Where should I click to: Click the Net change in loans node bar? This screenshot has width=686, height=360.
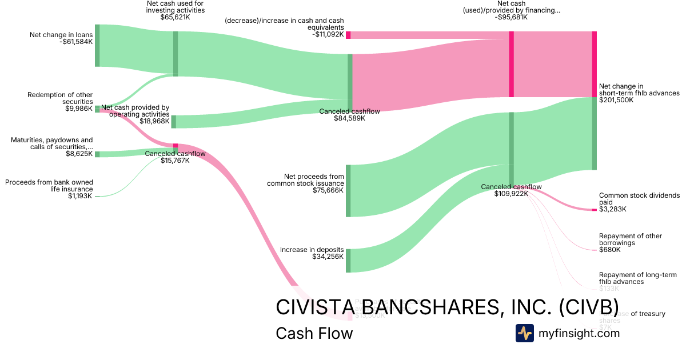[x=97, y=46]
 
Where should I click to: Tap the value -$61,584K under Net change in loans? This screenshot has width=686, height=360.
[x=75, y=42]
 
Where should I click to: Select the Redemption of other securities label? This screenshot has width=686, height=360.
[x=60, y=98]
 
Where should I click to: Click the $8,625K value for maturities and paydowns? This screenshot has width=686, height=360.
[x=79, y=154]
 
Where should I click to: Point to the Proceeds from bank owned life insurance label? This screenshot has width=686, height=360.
[x=49, y=186]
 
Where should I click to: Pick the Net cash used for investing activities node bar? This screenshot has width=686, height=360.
[x=176, y=54]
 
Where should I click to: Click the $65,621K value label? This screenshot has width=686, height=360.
[x=175, y=18]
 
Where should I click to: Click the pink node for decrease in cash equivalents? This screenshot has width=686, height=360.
[x=348, y=35]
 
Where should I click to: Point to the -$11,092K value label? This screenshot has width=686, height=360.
[x=328, y=34]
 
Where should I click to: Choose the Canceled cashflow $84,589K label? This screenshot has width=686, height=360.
[x=349, y=115]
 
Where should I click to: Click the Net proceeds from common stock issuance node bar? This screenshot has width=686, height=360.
[x=348, y=190]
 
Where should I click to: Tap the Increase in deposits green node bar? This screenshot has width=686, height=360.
[x=348, y=261]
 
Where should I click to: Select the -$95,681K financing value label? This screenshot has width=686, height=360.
[x=511, y=17]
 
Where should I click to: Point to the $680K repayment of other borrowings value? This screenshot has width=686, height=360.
[x=609, y=250]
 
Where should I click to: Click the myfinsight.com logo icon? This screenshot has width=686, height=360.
[x=524, y=333]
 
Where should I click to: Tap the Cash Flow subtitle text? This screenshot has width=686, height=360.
[x=314, y=333]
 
